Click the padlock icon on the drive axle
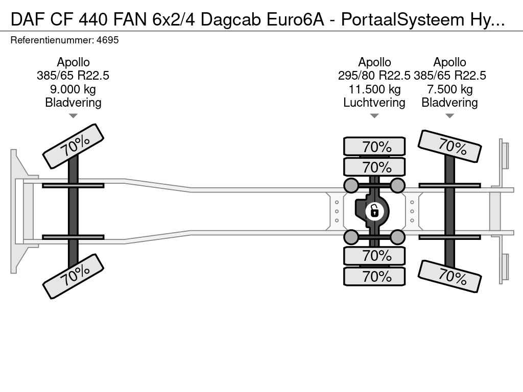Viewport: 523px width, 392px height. [374, 210]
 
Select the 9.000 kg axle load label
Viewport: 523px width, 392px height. [73, 89]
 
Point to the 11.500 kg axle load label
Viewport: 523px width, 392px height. [374, 89]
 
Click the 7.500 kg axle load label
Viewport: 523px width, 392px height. [449, 89]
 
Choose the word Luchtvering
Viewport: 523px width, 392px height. [374, 103]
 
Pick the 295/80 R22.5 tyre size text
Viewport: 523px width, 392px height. [374, 76]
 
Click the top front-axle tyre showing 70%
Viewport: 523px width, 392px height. [74, 146]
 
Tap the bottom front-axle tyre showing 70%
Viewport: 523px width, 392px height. [74, 276]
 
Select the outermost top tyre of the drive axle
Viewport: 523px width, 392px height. [374, 146]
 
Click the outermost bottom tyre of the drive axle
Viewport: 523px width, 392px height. [374, 277]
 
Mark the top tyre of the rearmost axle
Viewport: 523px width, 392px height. [450, 146]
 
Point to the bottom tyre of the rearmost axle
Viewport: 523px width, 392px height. [450, 276]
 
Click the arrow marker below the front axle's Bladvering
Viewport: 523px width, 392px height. [73, 116]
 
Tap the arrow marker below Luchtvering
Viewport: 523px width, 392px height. [374, 116]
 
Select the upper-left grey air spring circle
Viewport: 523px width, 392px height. [351, 185]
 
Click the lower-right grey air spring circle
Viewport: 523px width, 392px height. [397, 237]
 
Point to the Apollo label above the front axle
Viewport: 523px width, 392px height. [73, 62]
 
